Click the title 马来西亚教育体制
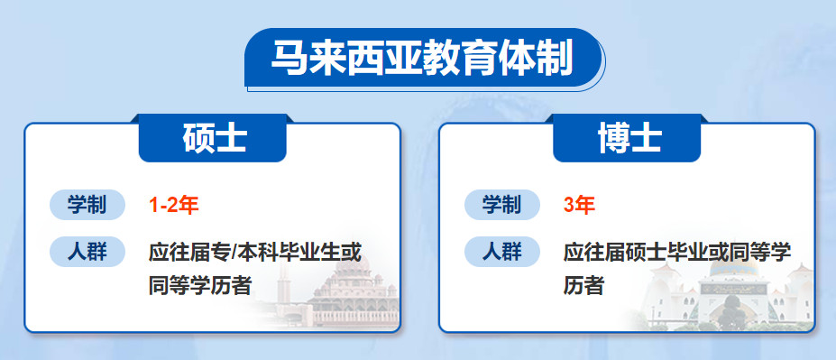click(421, 60)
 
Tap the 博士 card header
click(629, 139)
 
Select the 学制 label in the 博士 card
click(501, 205)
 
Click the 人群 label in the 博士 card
click(501, 252)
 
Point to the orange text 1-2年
click(173, 205)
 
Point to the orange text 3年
click(579, 205)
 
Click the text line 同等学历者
click(200, 287)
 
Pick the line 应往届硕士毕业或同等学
click(676, 252)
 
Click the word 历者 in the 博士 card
click(583, 287)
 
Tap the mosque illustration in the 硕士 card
click(334, 289)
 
